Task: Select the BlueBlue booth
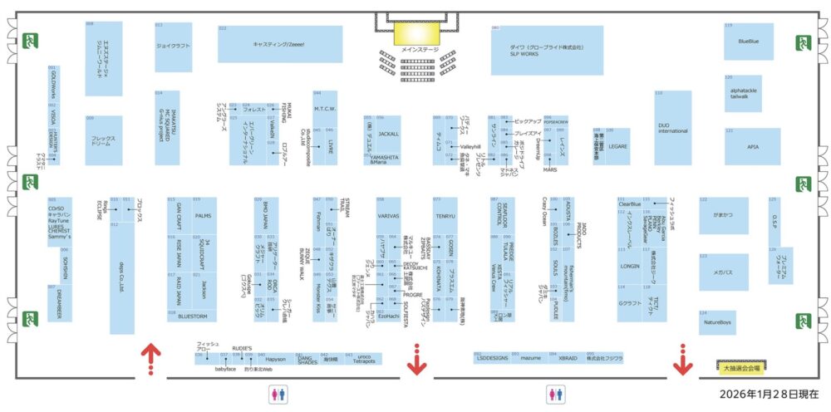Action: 748,42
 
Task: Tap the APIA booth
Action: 752,146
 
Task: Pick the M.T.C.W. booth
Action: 324,109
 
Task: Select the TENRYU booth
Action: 445,215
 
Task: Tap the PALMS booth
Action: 204,215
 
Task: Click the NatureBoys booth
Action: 716,322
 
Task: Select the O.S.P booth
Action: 774,219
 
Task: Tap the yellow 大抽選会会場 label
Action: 741,365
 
